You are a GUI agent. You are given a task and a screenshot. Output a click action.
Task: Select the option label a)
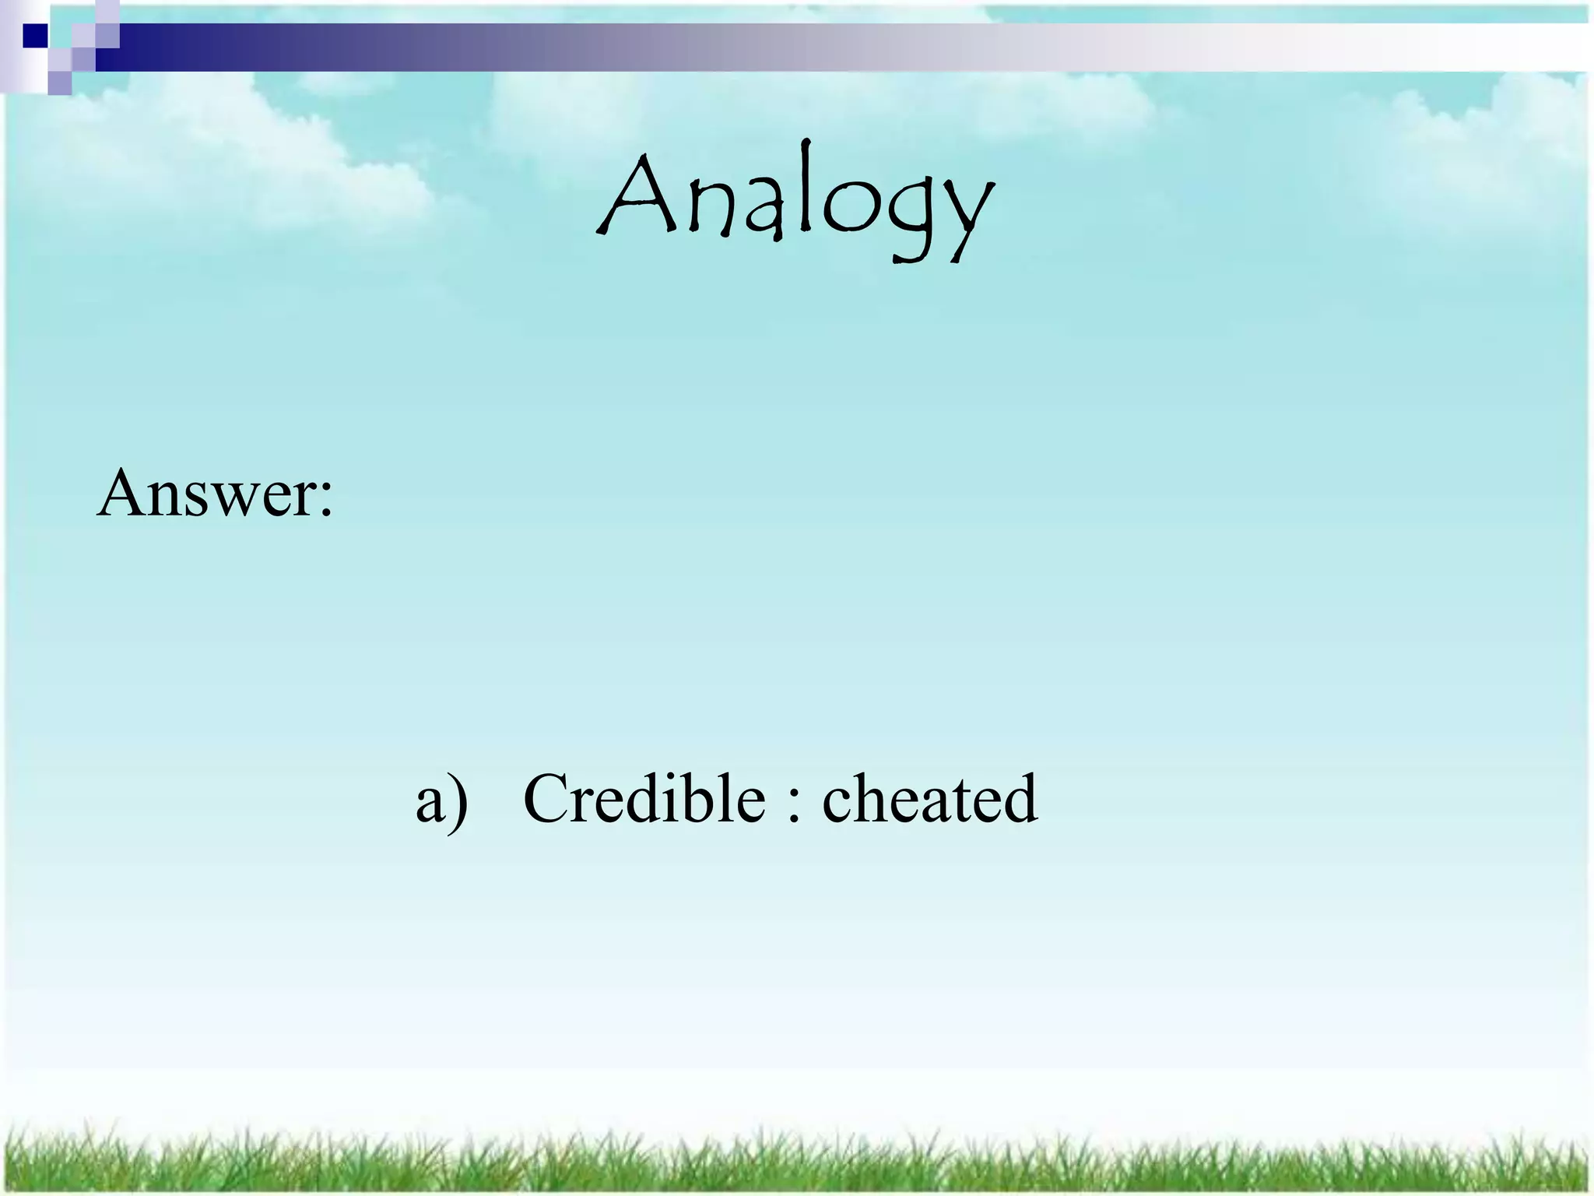[441, 800]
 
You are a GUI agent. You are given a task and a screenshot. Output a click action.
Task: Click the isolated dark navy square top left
[35, 36]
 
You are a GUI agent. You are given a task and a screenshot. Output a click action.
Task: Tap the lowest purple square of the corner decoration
[59, 83]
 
